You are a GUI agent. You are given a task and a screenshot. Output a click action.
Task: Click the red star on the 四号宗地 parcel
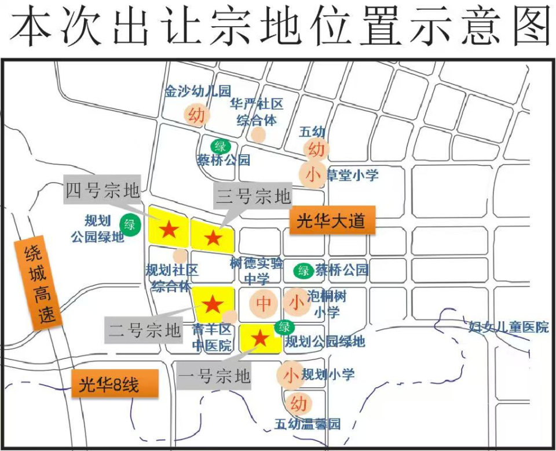[x=169, y=230]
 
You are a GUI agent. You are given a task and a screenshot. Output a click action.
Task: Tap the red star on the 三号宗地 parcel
[x=213, y=237]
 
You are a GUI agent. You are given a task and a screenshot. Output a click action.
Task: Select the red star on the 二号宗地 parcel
[x=213, y=304]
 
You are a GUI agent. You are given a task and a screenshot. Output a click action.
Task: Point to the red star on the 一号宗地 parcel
[x=261, y=338]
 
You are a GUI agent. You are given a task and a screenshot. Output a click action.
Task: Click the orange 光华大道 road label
[x=332, y=221]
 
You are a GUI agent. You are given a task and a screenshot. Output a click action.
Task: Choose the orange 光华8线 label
[x=114, y=384]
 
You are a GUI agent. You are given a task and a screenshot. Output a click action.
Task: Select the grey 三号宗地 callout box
[x=253, y=197]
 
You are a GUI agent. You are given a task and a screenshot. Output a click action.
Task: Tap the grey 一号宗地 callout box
[x=214, y=377]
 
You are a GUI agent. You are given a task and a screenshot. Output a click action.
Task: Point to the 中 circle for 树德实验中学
[x=264, y=303]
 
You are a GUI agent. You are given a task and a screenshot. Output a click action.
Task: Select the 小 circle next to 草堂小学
[x=313, y=174]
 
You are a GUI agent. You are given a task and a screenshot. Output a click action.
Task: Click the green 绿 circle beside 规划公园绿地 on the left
[x=129, y=225]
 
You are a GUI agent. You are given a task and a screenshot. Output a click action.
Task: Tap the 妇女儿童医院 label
[x=509, y=327]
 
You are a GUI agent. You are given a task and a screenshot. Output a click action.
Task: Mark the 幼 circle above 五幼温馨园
[x=298, y=403]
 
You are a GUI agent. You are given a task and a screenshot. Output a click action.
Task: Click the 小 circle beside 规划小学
[x=291, y=375]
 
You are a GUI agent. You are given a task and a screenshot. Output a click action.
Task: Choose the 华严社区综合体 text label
[x=256, y=111]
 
